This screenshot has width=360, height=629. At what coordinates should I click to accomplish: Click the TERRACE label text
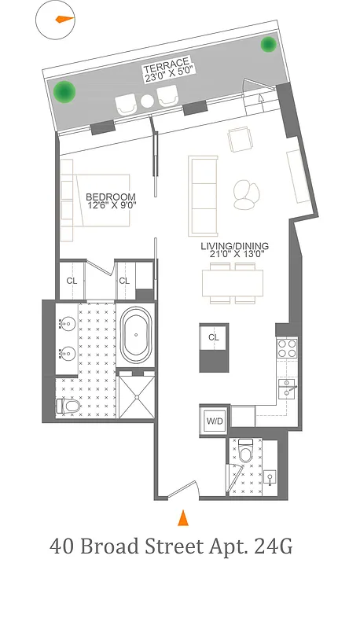click(167, 64)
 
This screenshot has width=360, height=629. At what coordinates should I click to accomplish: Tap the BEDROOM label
click(110, 197)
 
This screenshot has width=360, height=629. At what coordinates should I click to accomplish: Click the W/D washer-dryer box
click(215, 421)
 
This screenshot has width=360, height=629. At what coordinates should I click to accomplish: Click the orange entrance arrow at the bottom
click(183, 517)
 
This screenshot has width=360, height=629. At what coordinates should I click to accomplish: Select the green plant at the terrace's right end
click(269, 44)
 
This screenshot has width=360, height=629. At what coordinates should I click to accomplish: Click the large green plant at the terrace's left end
click(65, 92)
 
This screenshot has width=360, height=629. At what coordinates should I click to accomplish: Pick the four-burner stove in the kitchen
click(286, 348)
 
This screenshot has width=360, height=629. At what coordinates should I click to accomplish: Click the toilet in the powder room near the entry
click(244, 453)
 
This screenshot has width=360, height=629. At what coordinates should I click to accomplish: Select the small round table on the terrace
click(147, 101)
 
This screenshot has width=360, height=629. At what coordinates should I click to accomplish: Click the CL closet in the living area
click(213, 337)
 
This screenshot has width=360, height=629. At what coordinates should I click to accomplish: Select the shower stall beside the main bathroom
click(138, 398)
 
